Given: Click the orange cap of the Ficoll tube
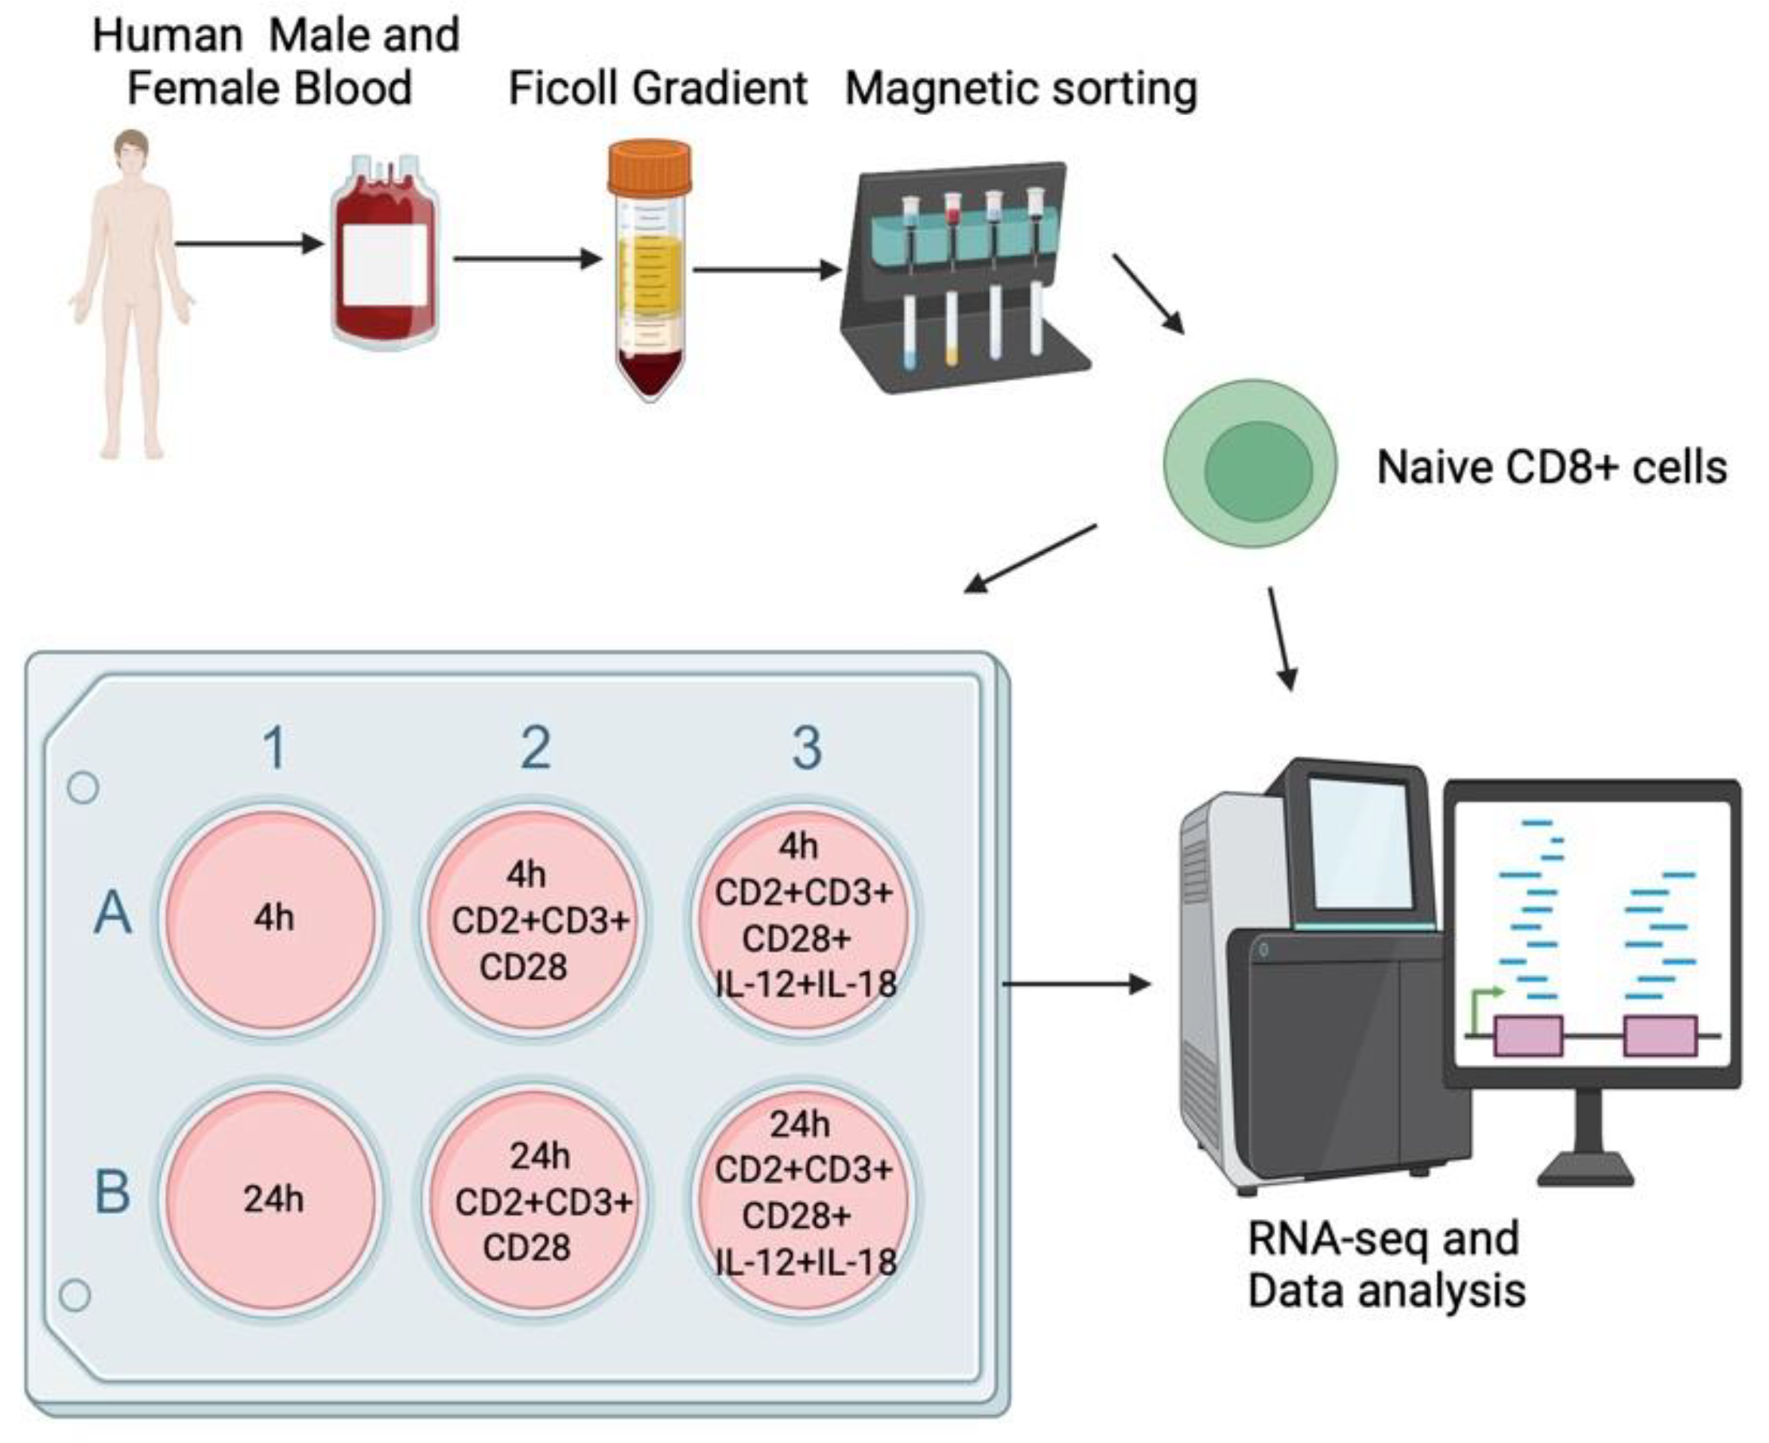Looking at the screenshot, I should coord(650,165).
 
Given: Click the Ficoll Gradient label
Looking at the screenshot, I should coord(657,89).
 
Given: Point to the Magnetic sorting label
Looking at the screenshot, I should coord(1021,89).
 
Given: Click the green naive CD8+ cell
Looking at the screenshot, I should coord(1250,464).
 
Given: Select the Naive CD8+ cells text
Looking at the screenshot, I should coord(1552,467).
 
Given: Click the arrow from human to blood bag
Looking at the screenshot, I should coord(249,244).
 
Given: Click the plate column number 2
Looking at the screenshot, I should coord(536,747).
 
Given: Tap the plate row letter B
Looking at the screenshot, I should coord(113,1192).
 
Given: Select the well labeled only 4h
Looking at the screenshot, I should coord(273,919).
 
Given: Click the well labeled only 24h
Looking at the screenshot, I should coord(273,1198).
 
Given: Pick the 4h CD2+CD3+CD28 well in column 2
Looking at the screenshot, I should coord(536,919).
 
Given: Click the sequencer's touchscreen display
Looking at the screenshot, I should coord(1362,842).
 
